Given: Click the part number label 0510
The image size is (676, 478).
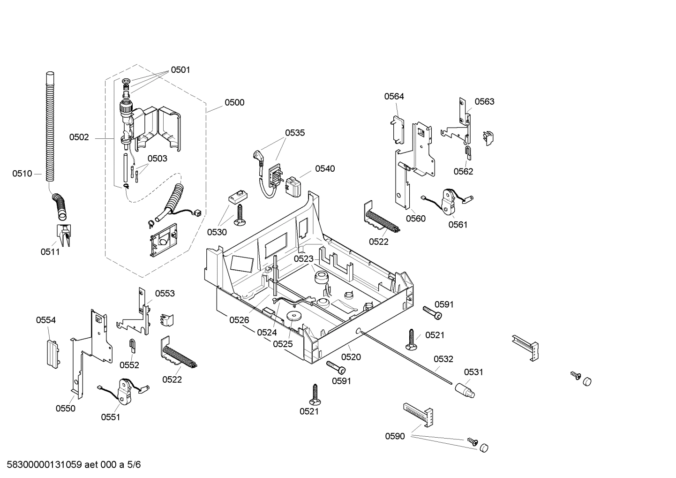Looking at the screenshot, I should point(22,174).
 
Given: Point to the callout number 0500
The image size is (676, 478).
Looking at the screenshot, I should point(234,103).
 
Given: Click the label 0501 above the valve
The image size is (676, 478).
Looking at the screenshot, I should point(180,70).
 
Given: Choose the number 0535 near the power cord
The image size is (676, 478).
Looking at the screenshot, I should point(295,133).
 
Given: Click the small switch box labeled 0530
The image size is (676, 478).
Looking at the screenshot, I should point(237,197).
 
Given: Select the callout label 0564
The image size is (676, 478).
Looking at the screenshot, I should point(394,97).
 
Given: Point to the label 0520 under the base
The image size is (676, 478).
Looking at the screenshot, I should point(351,357).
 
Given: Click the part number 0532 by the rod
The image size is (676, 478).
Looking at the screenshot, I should point(443,359).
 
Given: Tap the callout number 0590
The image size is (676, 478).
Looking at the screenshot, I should point(395,436).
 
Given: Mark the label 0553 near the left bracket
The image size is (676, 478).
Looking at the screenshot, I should point(165,294).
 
